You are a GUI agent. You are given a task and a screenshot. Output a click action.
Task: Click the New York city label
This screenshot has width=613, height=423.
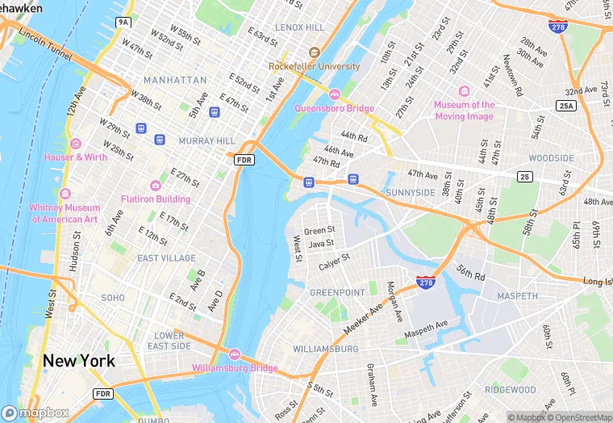pos(79,361)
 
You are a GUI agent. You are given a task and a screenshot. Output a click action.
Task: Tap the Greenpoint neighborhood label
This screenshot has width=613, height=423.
pos(338,292)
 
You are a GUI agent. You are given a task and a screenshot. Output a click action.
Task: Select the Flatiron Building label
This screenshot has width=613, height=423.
pos(156,199)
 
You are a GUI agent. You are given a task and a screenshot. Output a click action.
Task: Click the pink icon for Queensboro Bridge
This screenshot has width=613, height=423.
pos(334,94)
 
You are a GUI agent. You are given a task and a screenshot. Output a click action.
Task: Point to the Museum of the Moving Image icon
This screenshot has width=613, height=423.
pos(464,91)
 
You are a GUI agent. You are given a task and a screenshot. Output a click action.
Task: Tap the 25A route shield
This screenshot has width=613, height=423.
pos(566,106)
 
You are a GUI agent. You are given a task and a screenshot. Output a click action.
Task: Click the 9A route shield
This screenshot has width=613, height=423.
pos(123,22)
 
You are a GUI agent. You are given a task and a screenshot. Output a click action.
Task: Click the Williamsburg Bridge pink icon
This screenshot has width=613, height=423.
pos(235,354)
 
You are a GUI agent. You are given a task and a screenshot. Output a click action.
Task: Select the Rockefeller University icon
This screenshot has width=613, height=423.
pos(315,52)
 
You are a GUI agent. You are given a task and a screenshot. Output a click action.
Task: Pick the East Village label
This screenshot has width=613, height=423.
pos(166,258)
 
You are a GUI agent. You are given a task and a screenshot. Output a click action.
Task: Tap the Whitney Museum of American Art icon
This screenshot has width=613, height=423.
pos(65,194)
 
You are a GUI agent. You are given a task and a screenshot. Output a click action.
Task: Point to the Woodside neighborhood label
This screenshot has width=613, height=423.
pos(551,158)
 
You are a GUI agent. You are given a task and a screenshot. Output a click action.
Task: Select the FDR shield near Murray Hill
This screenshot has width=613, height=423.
pos(244,161)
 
